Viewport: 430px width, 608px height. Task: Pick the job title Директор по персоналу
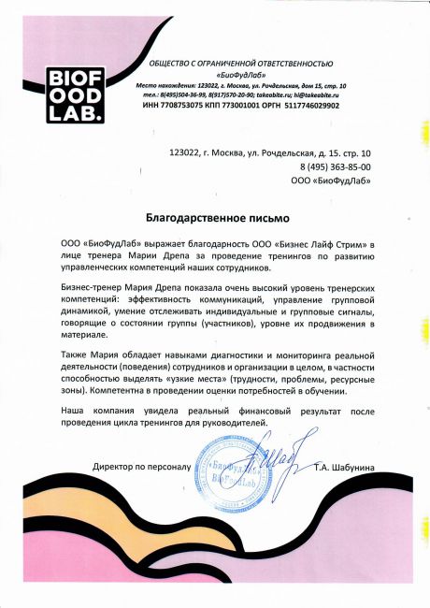(141, 465)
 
